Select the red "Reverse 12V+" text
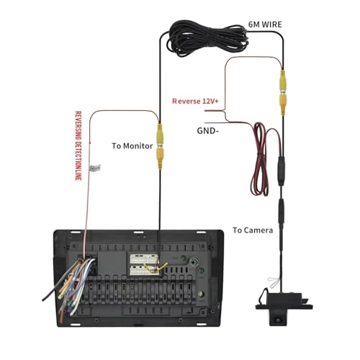[x=194, y=102]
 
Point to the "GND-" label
[x=209, y=131]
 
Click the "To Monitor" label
[x=132, y=145]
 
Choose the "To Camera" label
[x=252, y=230]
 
